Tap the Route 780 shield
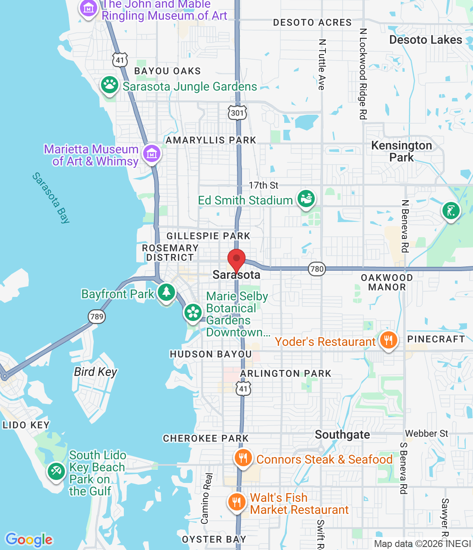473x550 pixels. pyautogui.click(x=317, y=269)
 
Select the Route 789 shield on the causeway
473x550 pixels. pyautogui.click(x=97, y=317)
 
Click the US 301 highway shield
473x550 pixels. pyautogui.click(x=237, y=113)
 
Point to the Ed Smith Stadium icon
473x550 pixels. pyautogui.click(x=306, y=199)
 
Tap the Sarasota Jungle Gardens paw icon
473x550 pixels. pyautogui.click(x=110, y=85)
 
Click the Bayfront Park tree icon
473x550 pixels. pyautogui.click(x=166, y=292)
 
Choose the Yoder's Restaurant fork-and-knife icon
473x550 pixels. pyautogui.click(x=388, y=340)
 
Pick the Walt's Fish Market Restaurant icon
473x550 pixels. pyautogui.click(x=236, y=501)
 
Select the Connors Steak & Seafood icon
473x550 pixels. pyautogui.click(x=243, y=458)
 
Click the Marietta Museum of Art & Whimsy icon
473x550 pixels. pyautogui.click(x=151, y=153)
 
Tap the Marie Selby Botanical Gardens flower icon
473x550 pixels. pyautogui.click(x=193, y=312)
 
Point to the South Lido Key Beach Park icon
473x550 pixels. pyautogui.click(x=56, y=471)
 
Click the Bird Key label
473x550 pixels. pyautogui.click(x=95, y=372)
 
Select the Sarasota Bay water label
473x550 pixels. pyautogui.click(x=51, y=198)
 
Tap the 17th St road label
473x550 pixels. pyautogui.click(x=263, y=185)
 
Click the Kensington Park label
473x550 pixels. pyautogui.click(x=401, y=151)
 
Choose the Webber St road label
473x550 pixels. pyautogui.click(x=426, y=434)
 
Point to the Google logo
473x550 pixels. pyautogui.click(x=29, y=540)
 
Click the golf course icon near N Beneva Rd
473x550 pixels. pyautogui.click(x=451, y=211)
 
